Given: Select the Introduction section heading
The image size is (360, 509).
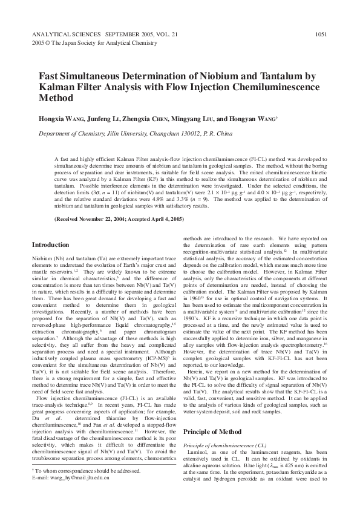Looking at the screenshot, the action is [x=50, y=245].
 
